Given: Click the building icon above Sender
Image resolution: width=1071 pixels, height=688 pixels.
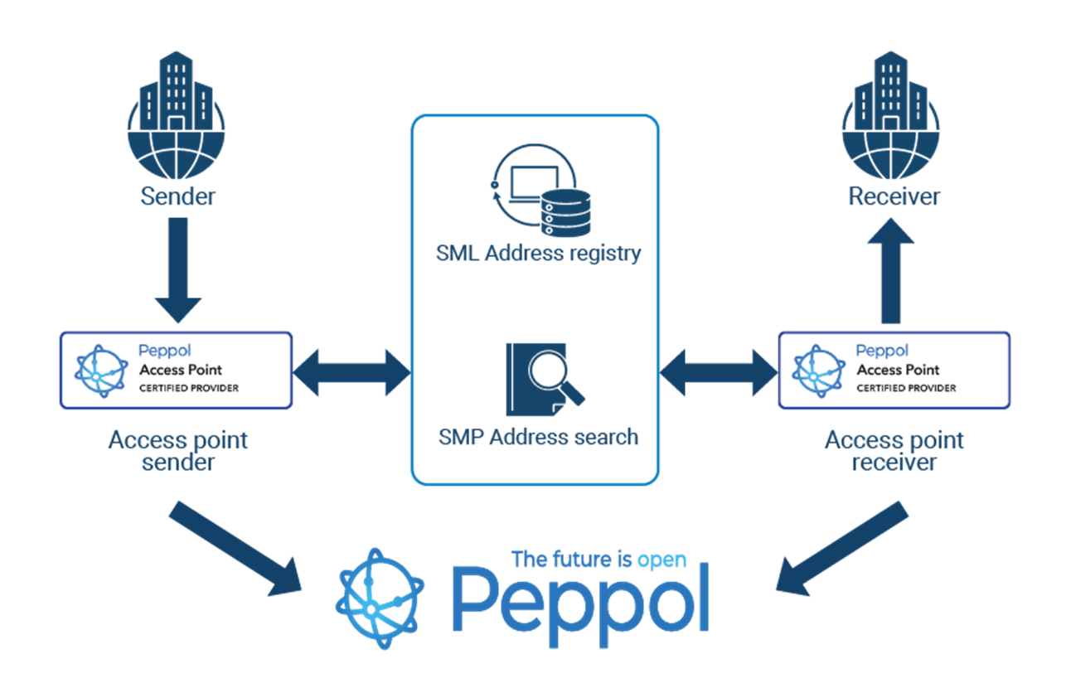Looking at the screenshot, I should tap(177, 116).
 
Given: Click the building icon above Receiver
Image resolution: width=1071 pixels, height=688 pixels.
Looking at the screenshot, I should tap(892, 116).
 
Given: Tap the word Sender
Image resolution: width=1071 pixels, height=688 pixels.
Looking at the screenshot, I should tap(177, 196).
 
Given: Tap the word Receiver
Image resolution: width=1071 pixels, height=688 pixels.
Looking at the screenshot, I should tap(894, 196).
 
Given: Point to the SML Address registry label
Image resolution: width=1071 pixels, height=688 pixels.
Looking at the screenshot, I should tap(538, 253).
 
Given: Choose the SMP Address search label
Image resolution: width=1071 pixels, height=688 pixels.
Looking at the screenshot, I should tap(538, 437).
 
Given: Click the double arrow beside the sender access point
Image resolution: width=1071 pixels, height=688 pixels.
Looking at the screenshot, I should tap(351, 371).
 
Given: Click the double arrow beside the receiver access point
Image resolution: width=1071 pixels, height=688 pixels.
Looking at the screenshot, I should tap(718, 371).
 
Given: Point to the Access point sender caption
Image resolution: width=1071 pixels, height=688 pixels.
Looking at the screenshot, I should tap(177, 451).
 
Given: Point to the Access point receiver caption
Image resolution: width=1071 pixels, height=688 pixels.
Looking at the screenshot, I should tap(894, 451).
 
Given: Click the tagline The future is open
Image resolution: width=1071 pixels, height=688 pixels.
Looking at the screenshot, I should tap(598, 560).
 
